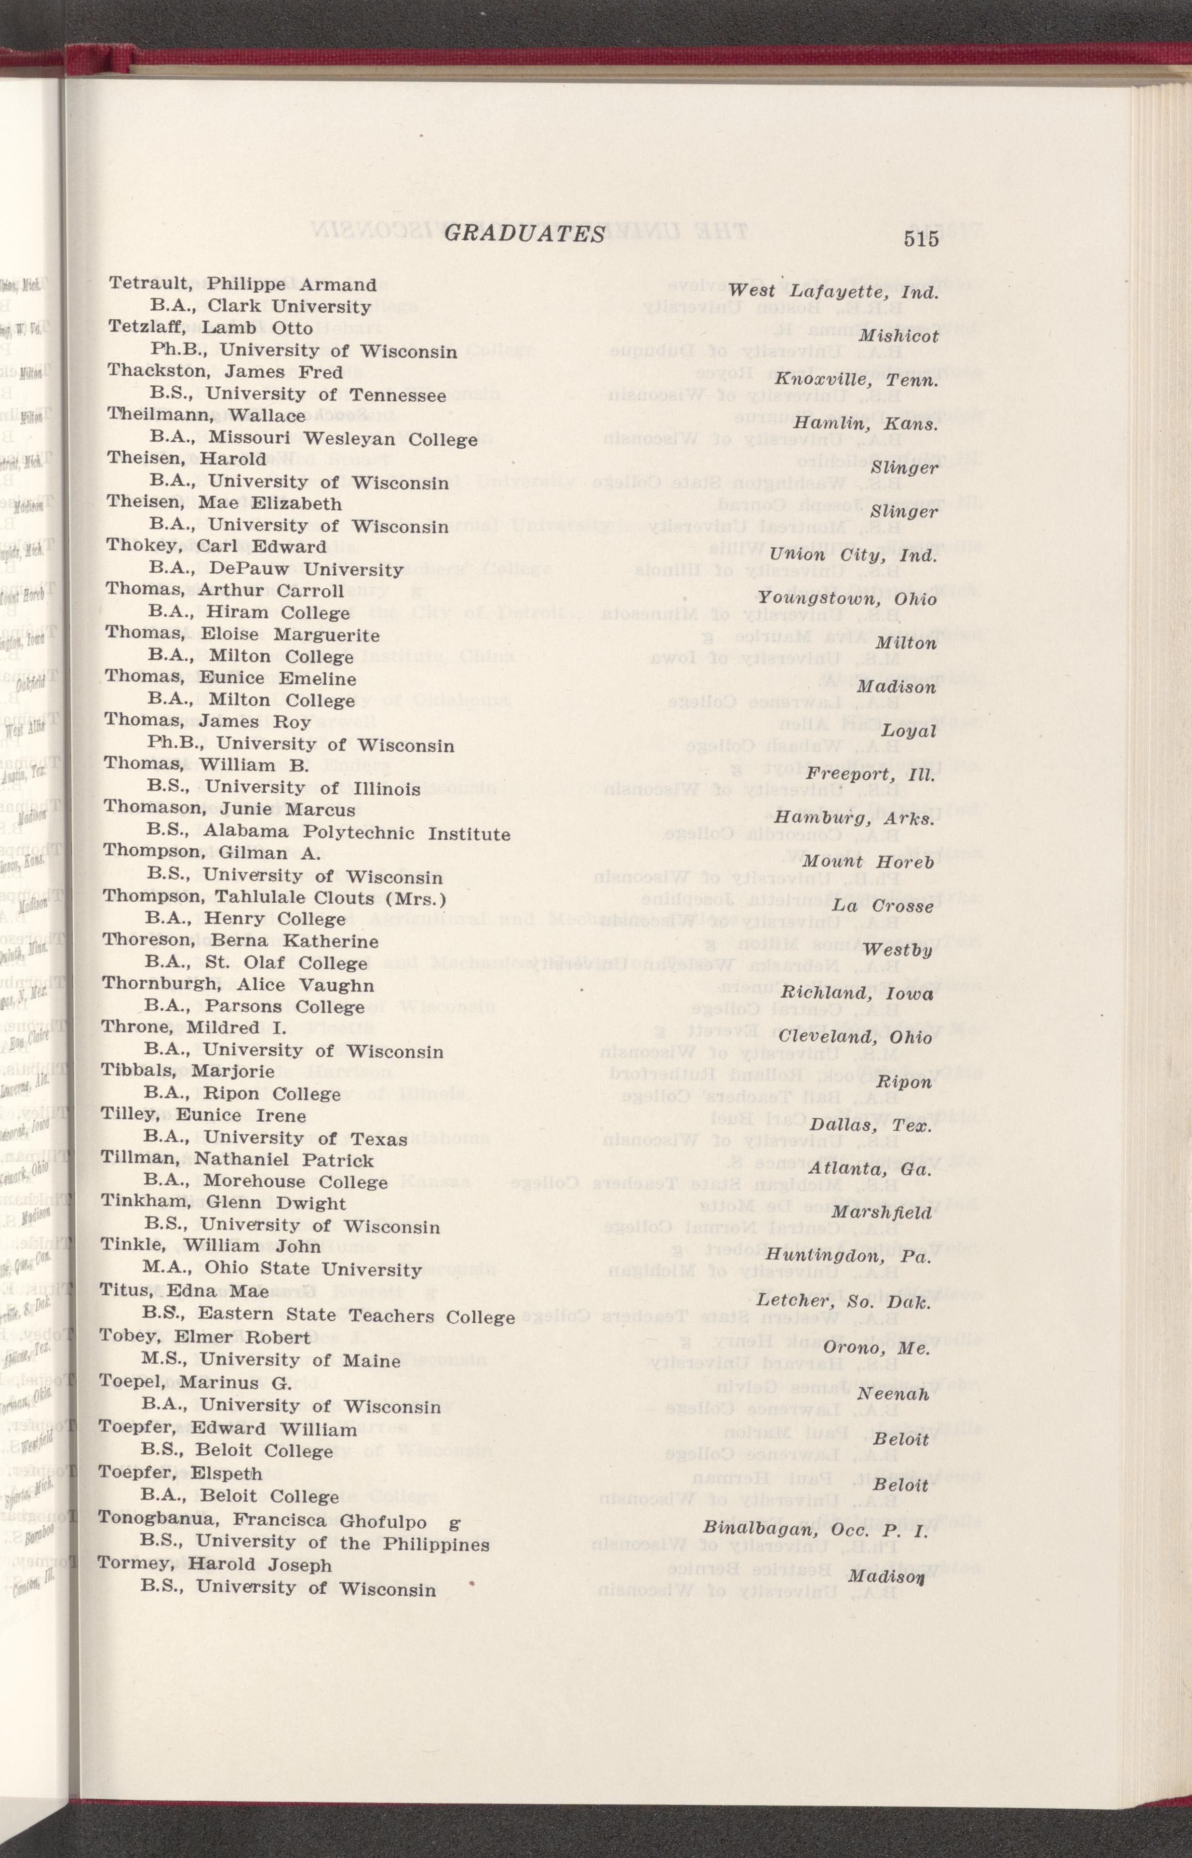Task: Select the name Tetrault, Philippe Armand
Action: [x=242, y=285]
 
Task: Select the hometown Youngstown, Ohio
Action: [x=847, y=598]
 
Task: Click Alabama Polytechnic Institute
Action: [x=357, y=834]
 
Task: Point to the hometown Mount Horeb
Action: [x=868, y=862]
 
